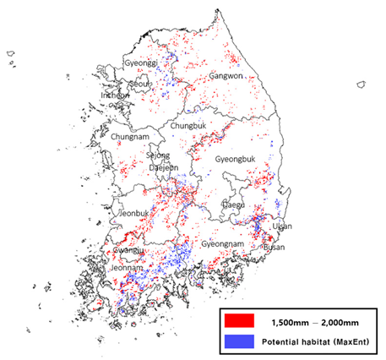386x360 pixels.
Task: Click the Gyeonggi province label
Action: tap(140, 63)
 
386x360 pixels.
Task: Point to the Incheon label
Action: tap(116, 95)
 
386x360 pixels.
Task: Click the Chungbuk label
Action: tap(188, 126)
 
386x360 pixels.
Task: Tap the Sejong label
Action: tap(158, 155)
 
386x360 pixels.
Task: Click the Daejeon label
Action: tap(164, 167)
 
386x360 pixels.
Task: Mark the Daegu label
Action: tap(232, 205)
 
